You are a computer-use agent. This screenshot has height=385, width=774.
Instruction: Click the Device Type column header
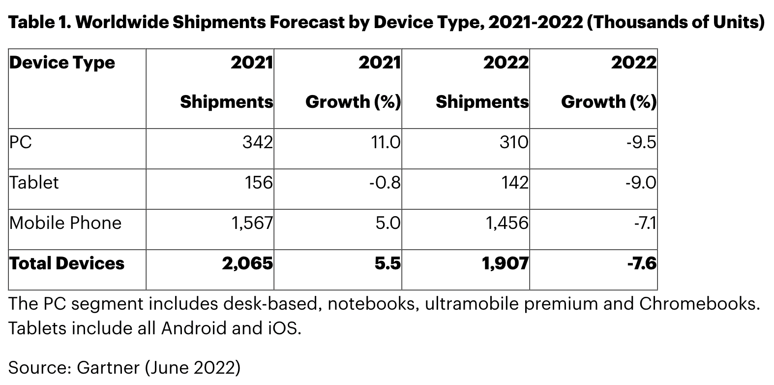pyautogui.click(x=62, y=63)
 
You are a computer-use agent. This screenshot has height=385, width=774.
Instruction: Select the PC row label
pyautogui.click(x=20, y=142)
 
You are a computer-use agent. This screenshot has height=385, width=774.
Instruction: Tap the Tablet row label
pyautogui.click(x=34, y=183)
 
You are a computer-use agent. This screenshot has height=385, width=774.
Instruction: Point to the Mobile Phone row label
pyautogui.click(x=65, y=223)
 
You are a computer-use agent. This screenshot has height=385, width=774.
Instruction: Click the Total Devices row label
pyautogui.click(x=67, y=263)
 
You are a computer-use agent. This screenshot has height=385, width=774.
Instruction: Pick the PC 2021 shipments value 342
pyautogui.click(x=258, y=142)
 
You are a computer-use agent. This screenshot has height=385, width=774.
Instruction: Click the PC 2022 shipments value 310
pyautogui.click(x=513, y=142)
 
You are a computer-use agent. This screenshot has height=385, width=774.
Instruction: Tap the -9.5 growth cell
pyautogui.click(x=641, y=142)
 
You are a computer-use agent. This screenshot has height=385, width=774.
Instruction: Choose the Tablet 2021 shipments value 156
pyautogui.click(x=258, y=183)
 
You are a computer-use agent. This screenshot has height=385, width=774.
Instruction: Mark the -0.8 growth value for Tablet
pyautogui.click(x=385, y=183)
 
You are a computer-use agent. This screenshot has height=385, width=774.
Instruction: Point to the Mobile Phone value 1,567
pyautogui.click(x=252, y=223)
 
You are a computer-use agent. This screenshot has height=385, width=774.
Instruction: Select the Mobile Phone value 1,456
pyautogui.click(x=507, y=223)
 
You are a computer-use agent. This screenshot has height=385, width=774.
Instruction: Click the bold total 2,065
pyautogui.click(x=247, y=263)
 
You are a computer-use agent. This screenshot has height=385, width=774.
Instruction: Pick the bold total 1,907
pyautogui.click(x=505, y=263)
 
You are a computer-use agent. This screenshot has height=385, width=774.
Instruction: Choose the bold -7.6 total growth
pyautogui.click(x=642, y=263)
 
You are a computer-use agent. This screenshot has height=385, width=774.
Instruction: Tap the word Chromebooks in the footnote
pyautogui.click(x=697, y=303)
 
